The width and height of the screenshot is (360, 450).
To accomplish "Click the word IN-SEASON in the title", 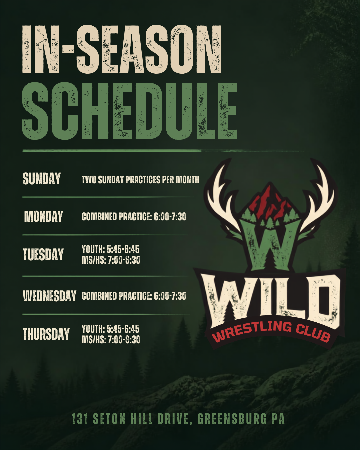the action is click(122, 50).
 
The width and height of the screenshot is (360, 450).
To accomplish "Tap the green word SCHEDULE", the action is click(129, 111).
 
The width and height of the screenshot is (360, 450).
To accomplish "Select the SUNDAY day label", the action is click(42, 179).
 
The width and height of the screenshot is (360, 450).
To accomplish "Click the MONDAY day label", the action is click(44, 216).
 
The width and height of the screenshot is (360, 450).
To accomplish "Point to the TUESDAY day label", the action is click(43, 254).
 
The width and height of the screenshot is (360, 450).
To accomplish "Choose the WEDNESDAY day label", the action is click(50, 296).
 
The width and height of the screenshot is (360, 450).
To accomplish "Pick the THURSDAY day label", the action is click(46, 334).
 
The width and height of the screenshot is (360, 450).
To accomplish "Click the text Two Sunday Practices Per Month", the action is click(140, 180).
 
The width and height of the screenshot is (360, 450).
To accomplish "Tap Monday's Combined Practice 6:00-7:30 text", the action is click(134, 217).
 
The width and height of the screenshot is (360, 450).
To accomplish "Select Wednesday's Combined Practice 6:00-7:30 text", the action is click(134, 296).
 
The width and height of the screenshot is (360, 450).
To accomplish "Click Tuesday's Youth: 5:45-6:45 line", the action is click(110, 249).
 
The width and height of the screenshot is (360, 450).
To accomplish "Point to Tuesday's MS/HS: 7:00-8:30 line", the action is click(111, 260).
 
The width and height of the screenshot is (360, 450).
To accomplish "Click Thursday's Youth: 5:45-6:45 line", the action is click(110, 329).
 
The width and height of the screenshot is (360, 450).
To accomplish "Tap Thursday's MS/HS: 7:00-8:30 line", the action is click(111, 340).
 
